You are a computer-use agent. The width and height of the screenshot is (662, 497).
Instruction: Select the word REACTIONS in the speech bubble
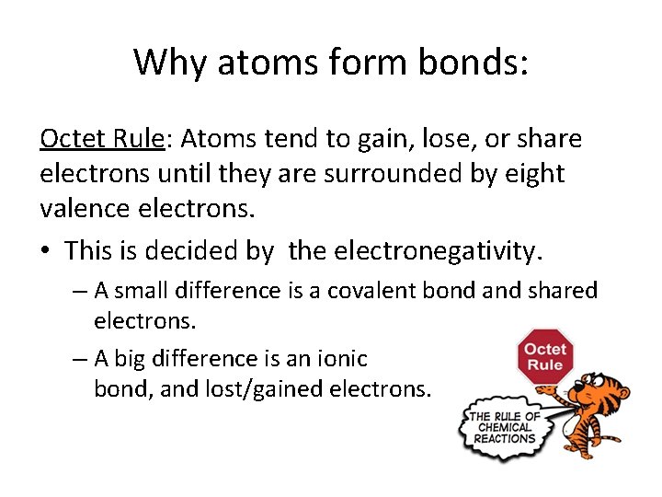click(x=505, y=438)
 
